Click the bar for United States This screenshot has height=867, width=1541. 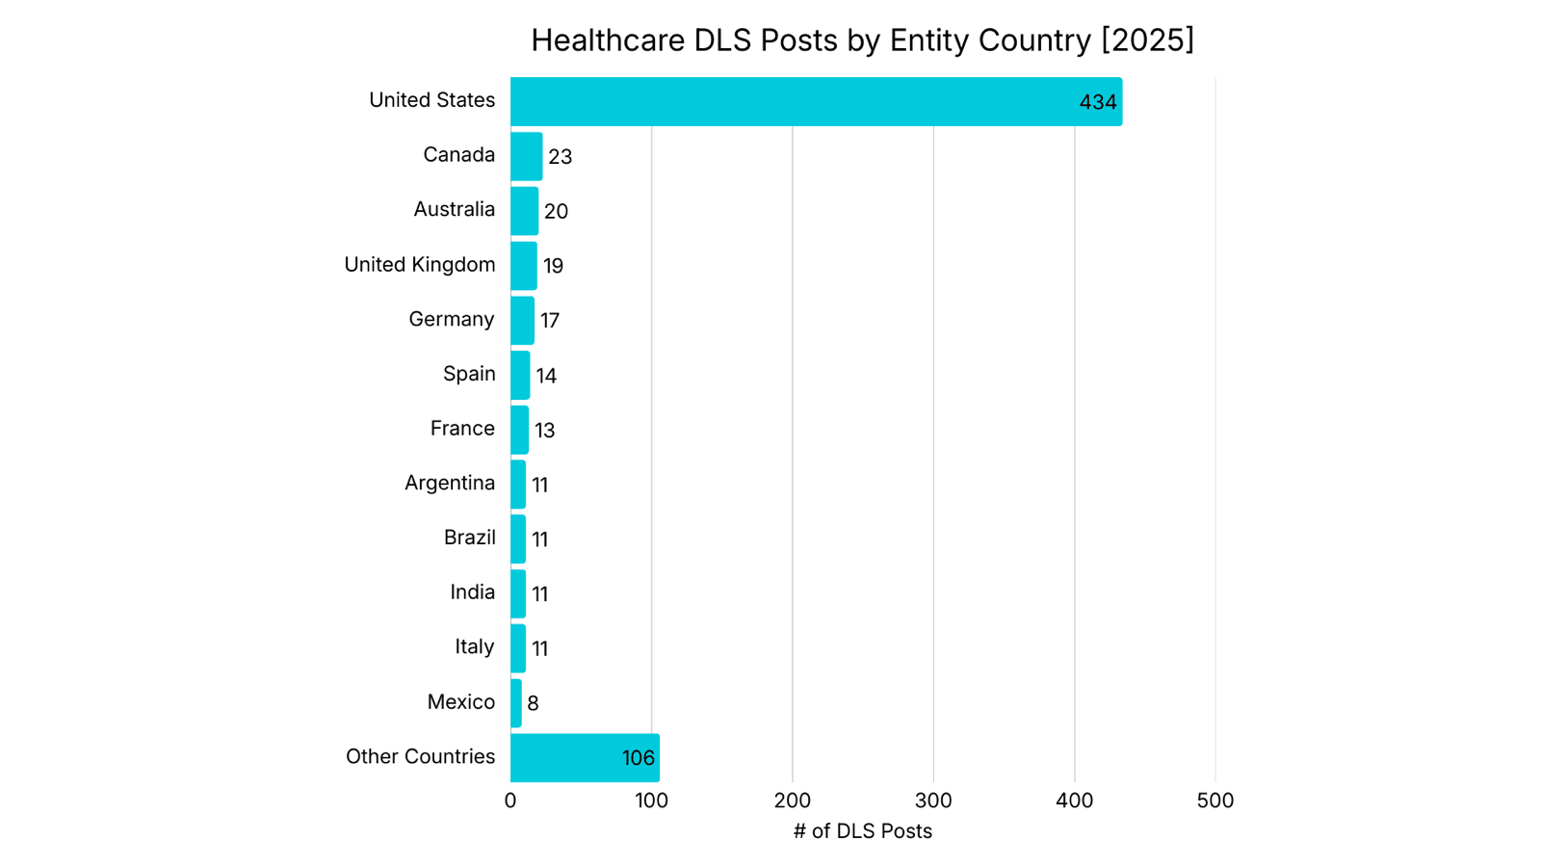(816, 101)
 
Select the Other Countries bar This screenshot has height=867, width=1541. (585, 758)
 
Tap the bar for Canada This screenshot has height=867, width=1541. (526, 156)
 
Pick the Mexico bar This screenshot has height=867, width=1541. (516, 703)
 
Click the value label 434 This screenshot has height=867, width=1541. (1097, 102)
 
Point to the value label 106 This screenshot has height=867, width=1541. (638, 758)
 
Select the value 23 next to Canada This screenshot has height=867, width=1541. (560, 157)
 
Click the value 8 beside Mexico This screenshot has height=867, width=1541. (533, 703)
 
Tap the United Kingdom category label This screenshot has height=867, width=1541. (419, 265)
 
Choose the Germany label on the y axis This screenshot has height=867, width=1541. (451, 319)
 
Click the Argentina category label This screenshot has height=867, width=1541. (449, 483)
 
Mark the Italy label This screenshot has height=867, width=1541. (474, 646)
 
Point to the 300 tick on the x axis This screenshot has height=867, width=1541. (933, 801)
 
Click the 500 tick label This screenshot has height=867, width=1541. (1215, 801)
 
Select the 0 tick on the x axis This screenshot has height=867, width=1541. (510, 801)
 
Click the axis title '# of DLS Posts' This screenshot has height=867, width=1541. (862, 831)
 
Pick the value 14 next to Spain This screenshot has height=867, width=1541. (546, 376)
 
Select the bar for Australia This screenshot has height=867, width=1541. (524, 211)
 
